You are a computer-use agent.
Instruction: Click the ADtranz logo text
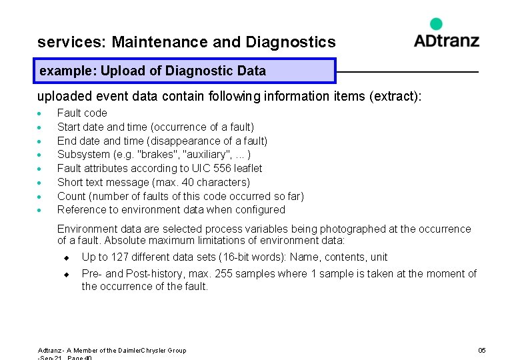[446, 40]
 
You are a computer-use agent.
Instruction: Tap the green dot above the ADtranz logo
[436, 24]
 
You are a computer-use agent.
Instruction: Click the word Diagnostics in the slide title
[291, 43]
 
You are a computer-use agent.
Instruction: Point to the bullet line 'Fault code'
[82, 113]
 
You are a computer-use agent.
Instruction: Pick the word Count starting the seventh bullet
[71, 196]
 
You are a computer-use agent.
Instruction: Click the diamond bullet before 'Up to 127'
[66, 258]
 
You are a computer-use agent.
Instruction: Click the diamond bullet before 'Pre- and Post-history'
[66, 275]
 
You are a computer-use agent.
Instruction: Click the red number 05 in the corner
[482, 351]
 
